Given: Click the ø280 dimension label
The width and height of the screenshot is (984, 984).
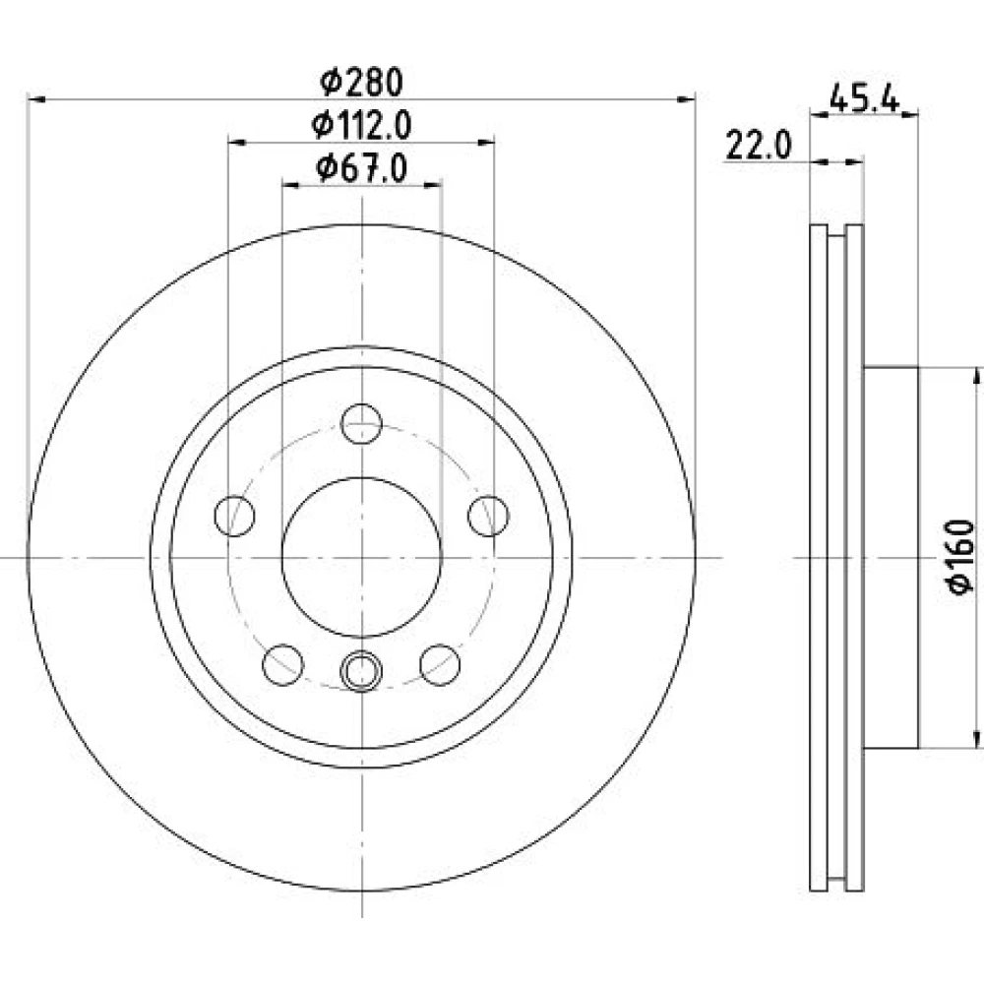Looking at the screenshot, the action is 361,83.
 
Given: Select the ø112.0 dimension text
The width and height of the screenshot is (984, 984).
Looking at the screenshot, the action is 361,126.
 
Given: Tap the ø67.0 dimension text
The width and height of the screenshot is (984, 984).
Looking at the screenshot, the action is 362,168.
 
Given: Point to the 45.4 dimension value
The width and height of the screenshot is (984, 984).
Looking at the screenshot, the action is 864,99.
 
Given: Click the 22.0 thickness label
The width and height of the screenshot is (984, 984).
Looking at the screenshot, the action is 759,146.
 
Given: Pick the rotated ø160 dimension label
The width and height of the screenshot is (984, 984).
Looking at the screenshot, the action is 960,555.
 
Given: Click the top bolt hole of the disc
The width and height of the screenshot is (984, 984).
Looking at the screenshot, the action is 361,424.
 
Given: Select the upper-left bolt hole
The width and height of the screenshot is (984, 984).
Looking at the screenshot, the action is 235,516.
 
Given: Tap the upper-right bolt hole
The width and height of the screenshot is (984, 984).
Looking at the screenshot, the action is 488,516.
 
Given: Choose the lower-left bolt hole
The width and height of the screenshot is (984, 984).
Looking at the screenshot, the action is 283,664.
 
